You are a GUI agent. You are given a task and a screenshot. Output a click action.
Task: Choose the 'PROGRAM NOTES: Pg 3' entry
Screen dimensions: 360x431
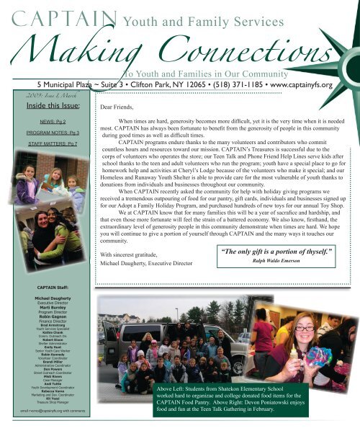[50, 134]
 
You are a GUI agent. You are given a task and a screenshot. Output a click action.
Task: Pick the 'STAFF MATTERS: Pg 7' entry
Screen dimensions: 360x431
[50, 145]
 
